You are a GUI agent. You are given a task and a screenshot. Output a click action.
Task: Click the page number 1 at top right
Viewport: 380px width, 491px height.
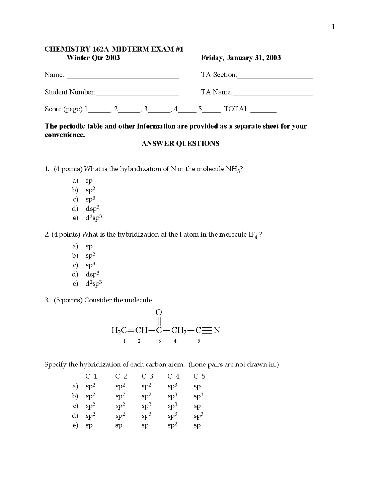point(333,27)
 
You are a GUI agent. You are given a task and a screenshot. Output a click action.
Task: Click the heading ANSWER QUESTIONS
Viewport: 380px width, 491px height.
point(180,144)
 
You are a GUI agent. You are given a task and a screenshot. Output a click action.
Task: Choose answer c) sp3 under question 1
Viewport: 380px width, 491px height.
point(90,199)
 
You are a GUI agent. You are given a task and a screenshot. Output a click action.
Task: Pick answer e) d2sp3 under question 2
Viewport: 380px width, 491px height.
point(94,283)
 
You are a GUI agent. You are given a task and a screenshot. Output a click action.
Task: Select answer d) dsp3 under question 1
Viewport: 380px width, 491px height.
point(92,208)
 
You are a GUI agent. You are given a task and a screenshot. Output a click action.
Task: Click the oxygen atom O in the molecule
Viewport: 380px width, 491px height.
point(159,312)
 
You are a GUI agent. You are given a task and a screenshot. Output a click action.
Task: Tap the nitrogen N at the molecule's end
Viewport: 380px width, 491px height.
point(217,330)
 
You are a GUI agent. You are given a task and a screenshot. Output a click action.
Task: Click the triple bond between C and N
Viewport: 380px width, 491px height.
point(208,330)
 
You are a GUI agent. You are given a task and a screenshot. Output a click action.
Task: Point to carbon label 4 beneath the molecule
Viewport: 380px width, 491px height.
point(175,341)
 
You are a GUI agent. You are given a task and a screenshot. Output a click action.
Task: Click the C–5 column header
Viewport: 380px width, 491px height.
point(199,377)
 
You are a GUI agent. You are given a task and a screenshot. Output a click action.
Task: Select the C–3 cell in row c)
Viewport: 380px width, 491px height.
point(146,406)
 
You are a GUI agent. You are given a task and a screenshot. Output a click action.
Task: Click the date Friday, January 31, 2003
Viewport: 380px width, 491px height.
point(241,58)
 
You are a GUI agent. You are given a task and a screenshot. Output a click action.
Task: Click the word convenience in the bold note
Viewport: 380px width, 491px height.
point(65,135)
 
